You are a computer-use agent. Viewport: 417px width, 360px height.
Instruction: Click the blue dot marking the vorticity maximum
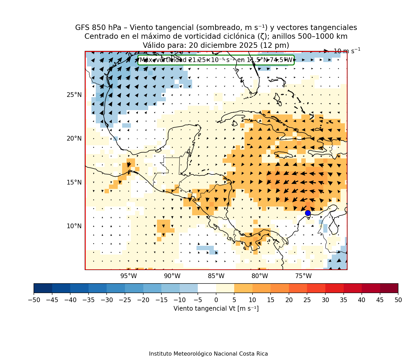click(x=308, y=213)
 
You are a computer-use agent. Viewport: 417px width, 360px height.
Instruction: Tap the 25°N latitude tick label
click(x=74, y=95)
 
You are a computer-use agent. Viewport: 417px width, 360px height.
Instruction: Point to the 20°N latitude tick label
click(x=74, y=139)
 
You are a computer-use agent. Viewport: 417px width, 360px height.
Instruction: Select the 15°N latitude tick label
click(x=74, y=182)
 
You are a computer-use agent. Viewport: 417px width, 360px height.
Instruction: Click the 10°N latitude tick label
click(x=74, y=226)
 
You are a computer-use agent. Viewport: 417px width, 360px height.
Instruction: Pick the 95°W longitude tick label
click(x=129, y=276)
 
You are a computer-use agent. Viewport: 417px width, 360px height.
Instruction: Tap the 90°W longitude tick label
click(x=172, y=276)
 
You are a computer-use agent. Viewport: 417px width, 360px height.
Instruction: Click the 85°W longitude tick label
click(x=216, y=276)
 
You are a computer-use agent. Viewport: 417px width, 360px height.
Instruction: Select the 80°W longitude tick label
click(x=260, y=276)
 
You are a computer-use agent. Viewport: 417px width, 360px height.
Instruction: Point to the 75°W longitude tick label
click(x=303, y=276)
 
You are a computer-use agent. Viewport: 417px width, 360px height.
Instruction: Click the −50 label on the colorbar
click(x=34, y=300)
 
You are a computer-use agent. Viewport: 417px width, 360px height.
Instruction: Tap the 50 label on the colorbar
click(x=398, y=300)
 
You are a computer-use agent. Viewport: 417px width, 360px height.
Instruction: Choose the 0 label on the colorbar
click(x=216, y=300)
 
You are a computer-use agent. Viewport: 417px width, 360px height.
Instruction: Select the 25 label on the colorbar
click(x=307, y=300)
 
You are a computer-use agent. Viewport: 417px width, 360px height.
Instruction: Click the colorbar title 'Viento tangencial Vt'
click(x=216, y=308)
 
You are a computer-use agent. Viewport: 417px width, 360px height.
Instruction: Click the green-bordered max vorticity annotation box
click(x=216, y=60)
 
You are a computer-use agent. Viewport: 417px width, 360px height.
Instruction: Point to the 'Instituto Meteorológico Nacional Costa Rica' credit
click(x=208, y=354)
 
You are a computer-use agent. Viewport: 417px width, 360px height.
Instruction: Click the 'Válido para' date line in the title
click(x=216, y=45)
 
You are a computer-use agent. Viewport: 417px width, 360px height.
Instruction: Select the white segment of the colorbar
click(x=207, y=288)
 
